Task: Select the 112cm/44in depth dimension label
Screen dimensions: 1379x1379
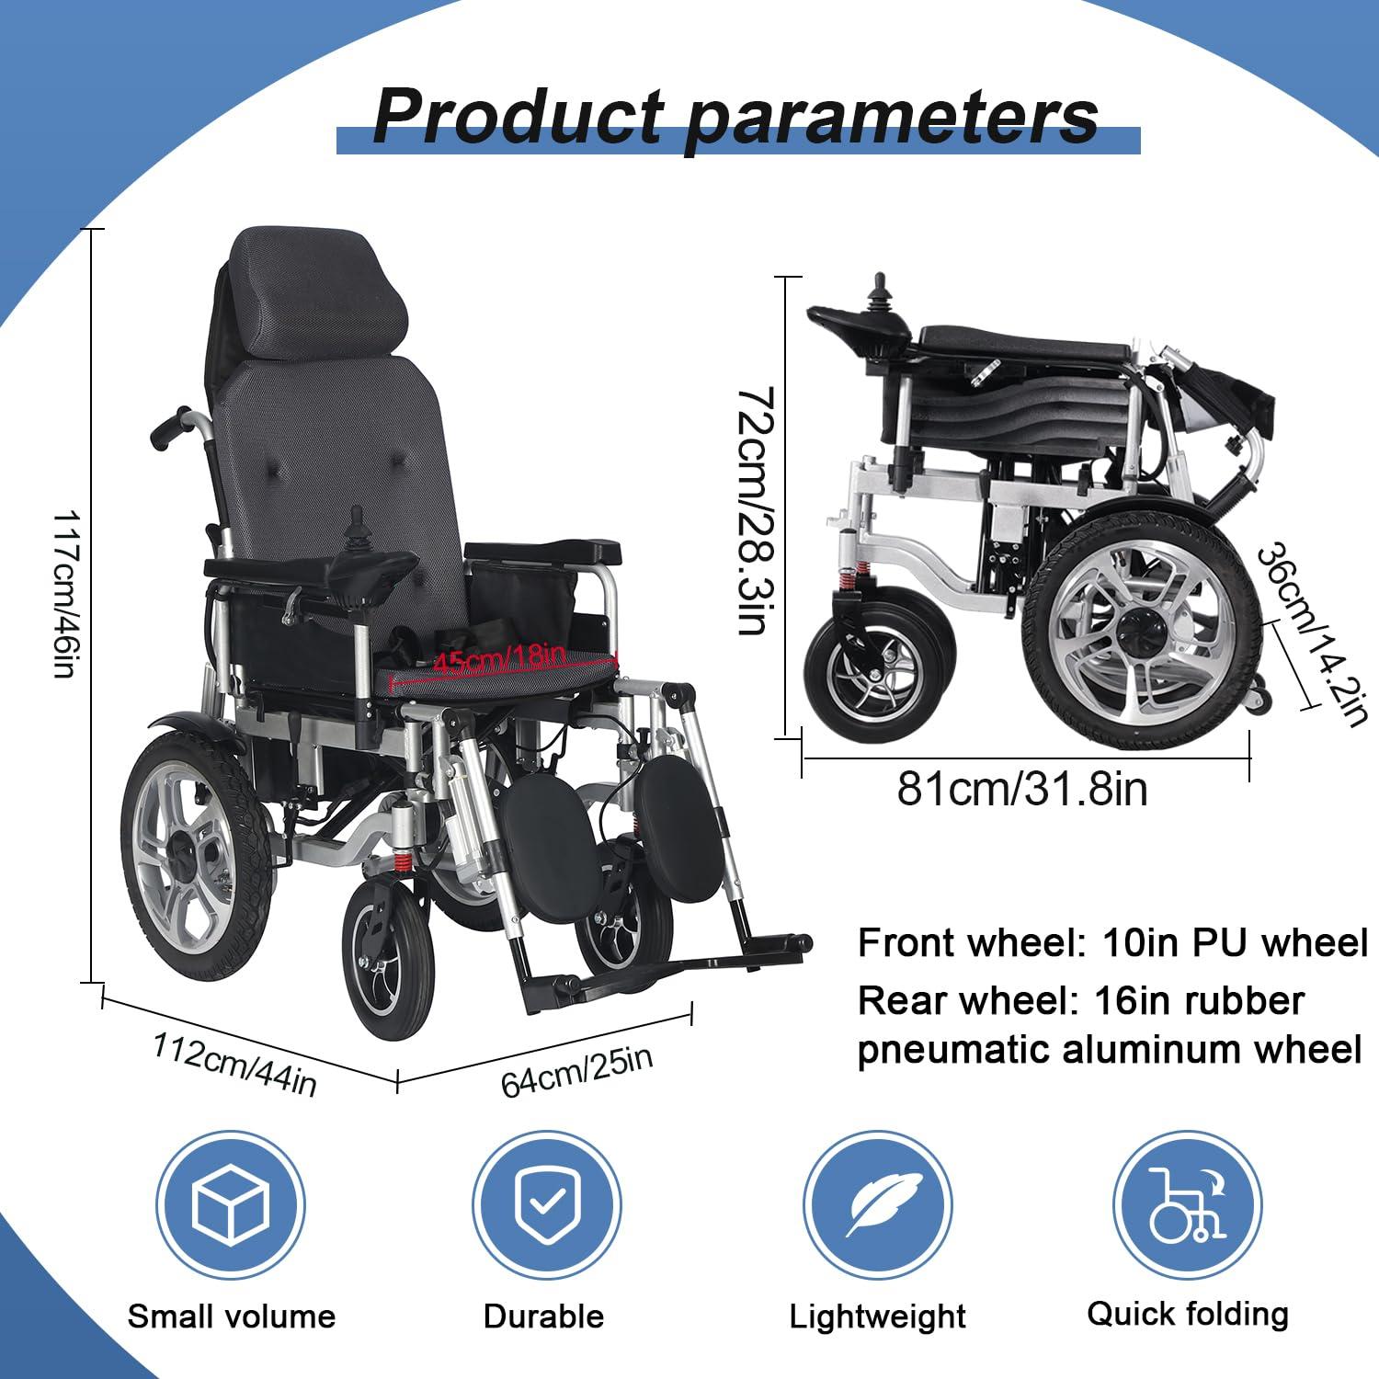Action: [x=234, y=1065]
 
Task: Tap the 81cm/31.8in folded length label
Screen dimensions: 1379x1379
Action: [x=1022, y=789]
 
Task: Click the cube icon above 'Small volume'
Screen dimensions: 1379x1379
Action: [x=230, y=1205]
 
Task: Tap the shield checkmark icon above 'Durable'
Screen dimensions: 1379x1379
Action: [x=546, y=1205]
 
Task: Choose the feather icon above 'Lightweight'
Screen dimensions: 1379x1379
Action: [x=877, y=1205]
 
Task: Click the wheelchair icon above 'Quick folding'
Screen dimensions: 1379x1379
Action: [x=1187, y=1205]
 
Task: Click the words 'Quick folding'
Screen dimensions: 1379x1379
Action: [x=1187, y=1314]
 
